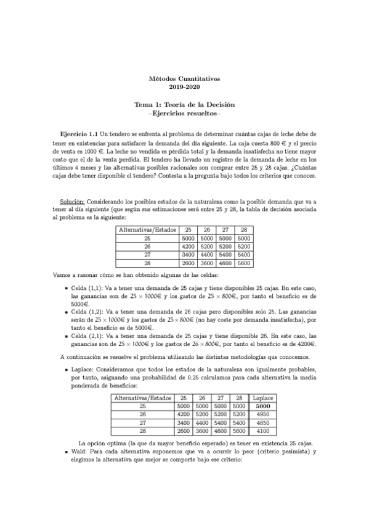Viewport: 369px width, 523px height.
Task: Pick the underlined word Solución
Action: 72,201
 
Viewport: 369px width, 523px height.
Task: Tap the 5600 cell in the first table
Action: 244,262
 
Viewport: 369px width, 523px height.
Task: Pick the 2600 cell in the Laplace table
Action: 184,432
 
